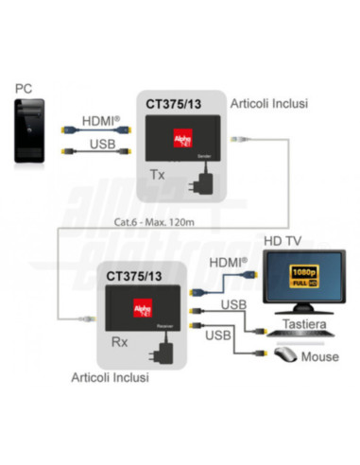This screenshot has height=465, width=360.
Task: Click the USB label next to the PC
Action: pos(103,144)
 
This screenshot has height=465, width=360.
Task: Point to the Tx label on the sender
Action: pos(159,175)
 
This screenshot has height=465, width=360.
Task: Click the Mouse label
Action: pos(319,357)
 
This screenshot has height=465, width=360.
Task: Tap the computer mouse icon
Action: pos(283,356)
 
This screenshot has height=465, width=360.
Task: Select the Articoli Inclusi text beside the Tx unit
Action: pos(273,102)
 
